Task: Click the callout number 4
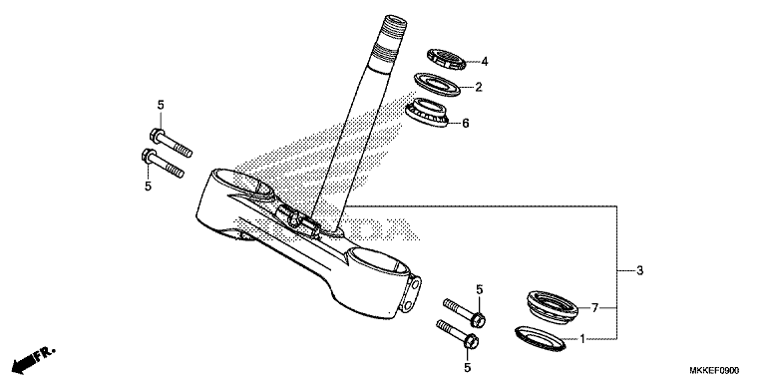[x=484, y=61]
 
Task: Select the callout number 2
[x=478, y=88]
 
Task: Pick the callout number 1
[x=583, y=339]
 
